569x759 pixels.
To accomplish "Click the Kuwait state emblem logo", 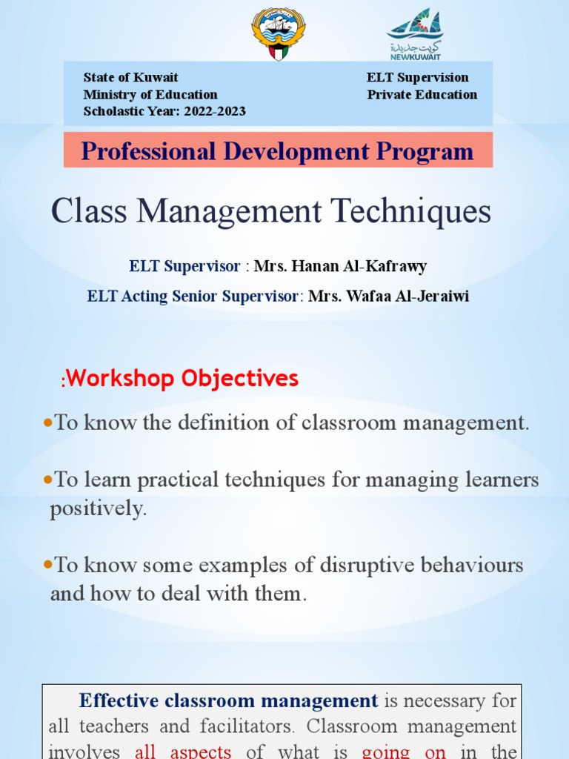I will click(278, 33).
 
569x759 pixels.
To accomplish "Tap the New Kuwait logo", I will click(415, 33).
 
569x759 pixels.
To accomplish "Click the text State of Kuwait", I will click(130, 78).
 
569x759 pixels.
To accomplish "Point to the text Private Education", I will click(422, 95).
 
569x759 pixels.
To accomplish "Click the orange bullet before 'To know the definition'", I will click(49, 422).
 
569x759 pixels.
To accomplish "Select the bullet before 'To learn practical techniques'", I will click(49, 480).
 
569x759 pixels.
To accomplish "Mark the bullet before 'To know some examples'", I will click(49, 565).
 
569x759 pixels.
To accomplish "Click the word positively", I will click(98, 510).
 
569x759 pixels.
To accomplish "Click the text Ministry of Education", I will click(150, 95).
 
